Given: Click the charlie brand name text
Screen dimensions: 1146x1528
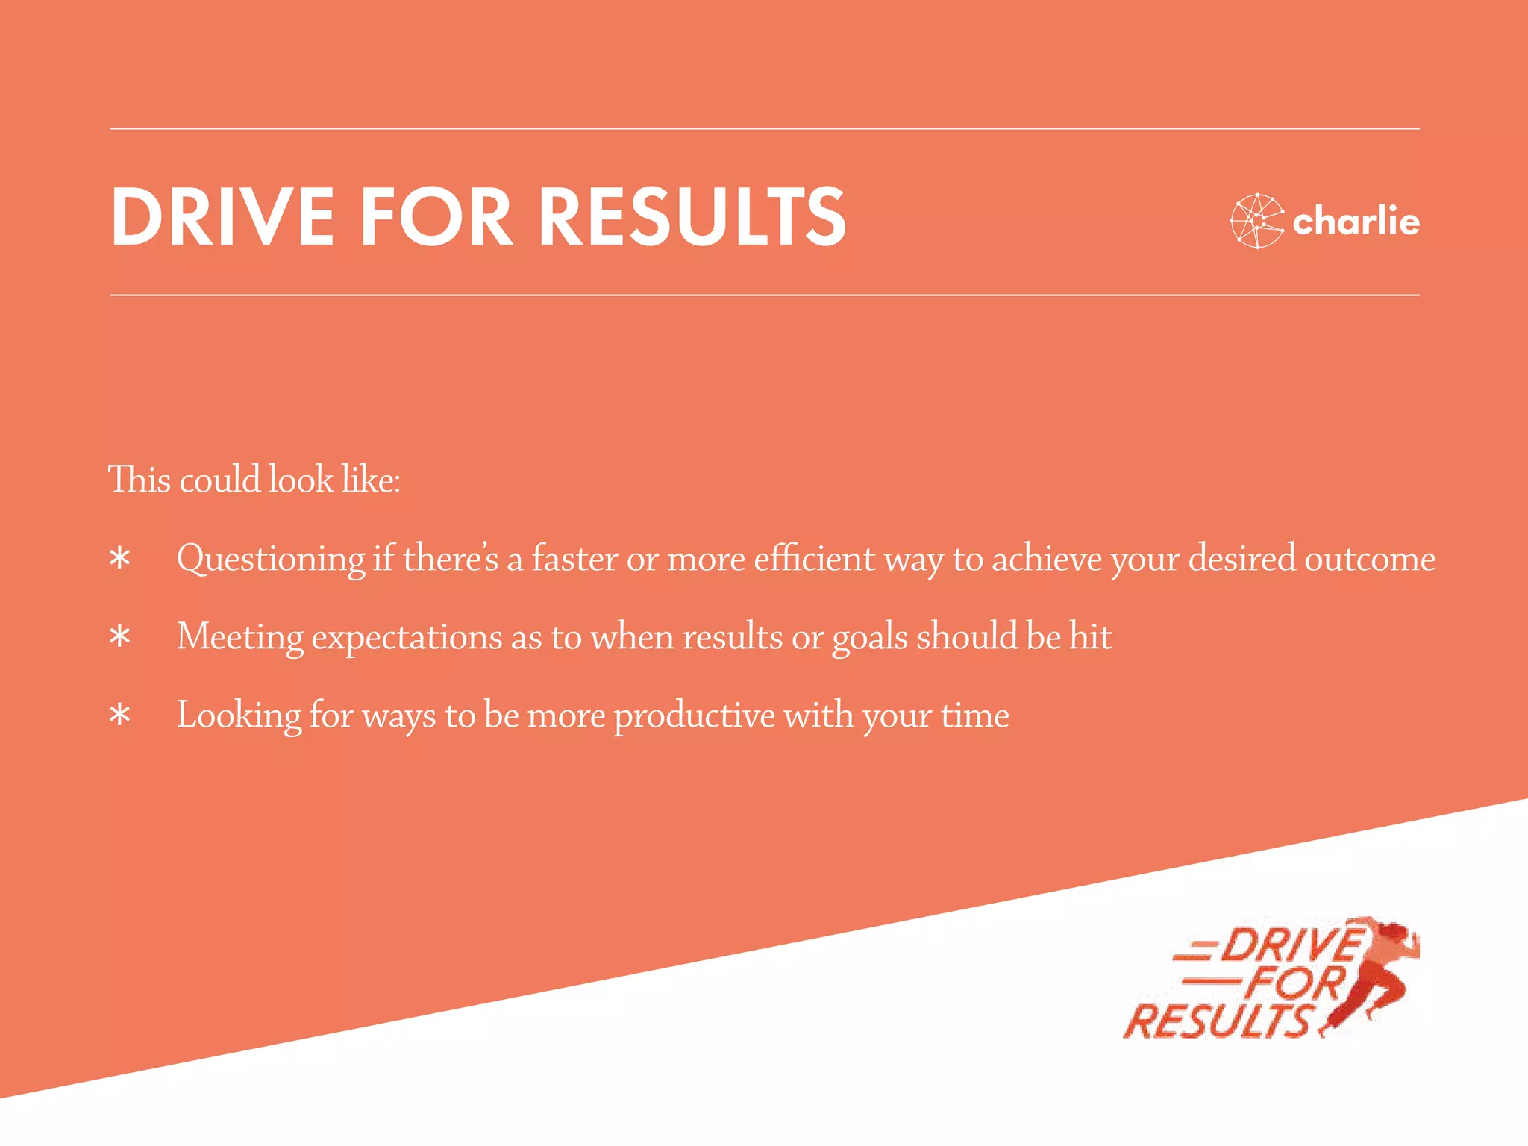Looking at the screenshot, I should coord(1356,222).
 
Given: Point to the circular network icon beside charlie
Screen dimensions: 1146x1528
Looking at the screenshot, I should coord(1256,221).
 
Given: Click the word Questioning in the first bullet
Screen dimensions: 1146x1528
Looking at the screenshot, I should coord(271,559).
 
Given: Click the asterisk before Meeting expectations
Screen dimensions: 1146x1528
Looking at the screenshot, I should coord(119,637).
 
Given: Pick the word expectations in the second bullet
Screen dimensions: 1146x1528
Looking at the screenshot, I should coord(407,637).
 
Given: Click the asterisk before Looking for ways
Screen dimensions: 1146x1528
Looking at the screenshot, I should coord(119,716).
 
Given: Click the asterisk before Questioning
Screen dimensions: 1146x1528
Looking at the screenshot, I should coord(119,559).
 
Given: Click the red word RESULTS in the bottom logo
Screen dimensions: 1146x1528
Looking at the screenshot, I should coord(1218,1021).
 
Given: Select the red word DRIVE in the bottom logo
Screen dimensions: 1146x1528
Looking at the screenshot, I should coord(1291,946).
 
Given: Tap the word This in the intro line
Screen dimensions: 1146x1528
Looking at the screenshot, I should coord(140,479).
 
